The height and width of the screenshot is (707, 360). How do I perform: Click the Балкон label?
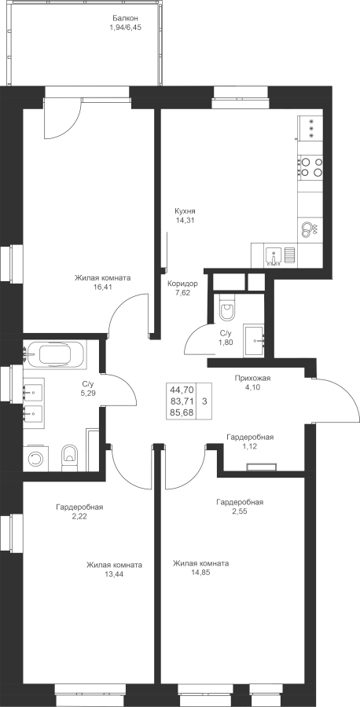point(125,19)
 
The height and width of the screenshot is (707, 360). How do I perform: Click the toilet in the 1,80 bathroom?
point(226,309)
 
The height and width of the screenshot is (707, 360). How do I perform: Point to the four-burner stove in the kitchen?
point(310,166)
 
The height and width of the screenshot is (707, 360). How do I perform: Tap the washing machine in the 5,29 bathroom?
point(35,459)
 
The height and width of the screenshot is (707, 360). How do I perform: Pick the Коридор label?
point(182,284)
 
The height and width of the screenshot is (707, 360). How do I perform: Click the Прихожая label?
point(252,378)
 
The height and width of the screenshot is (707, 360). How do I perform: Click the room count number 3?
point(205,401)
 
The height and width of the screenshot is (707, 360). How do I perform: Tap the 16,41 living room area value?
point(103,288)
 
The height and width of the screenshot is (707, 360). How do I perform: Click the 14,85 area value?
point(200,573)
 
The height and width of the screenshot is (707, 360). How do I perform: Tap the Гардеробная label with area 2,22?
point(80,507)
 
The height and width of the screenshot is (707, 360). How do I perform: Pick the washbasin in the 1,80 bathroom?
point(255,341)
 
